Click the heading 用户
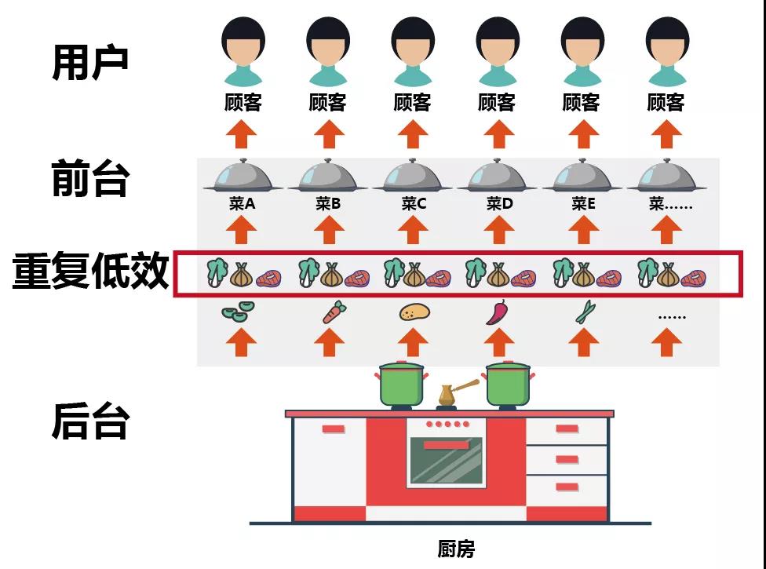coord(90,63)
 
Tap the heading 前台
coord(90,179)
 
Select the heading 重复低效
coord(91,272)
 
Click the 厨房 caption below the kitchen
coord(456,548)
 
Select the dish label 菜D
coord(499,204)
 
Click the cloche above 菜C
coord(414,176)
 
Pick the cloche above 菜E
coord(583,176)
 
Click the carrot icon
coord(330,312)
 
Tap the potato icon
coord(414,312)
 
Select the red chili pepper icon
coord(498,312)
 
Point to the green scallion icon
coord(584,312)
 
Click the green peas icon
coord(235,312)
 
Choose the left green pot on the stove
coord(401,384)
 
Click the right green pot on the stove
coord(508,384)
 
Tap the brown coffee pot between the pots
coord(448,395)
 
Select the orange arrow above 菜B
coord(329,230)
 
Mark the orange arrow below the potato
coord(414,342)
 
